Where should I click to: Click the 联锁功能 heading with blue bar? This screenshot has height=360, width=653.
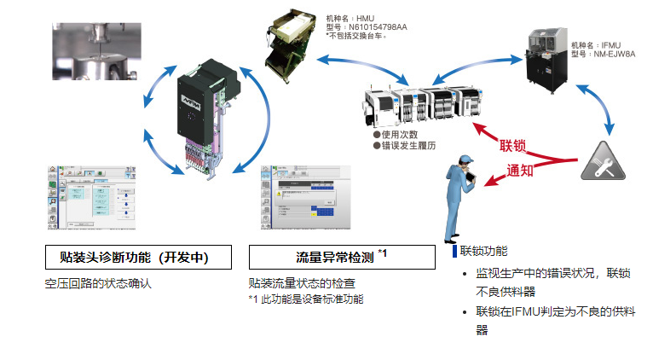click(x=483, y=252)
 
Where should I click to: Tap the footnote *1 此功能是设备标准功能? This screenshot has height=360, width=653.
click(x=305, y=299)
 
